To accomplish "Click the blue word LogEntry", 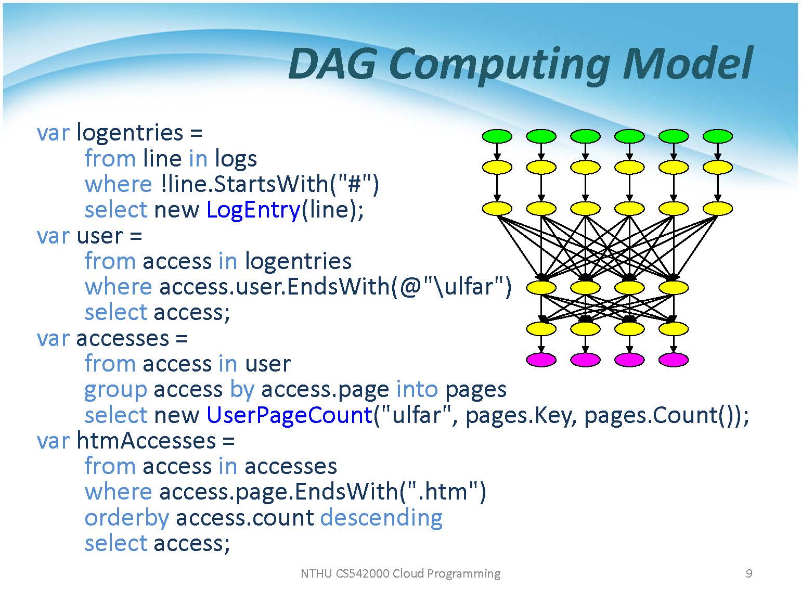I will tap(253, 210).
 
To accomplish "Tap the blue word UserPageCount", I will tap(289, 415).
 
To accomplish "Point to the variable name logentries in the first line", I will tap(130, 133).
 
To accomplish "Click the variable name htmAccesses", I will tap(146, 441).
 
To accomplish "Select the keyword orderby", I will tap(126, 518).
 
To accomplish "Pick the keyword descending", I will tap(381, 517).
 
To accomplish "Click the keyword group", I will tap(115, 390).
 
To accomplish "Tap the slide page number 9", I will tap(749, 573).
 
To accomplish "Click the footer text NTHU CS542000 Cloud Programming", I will tap(400, 573).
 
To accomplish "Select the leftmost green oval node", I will tap(497, 136).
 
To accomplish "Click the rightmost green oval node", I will tap(718, 136).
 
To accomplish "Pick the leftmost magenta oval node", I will tap(541, 360).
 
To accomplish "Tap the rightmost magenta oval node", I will tap(674, 360).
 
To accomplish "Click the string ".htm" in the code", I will tap(442, 492).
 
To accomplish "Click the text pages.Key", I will tap(521, 415).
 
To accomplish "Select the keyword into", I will tap(417, 389).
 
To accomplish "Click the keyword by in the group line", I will tap(241, 390).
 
